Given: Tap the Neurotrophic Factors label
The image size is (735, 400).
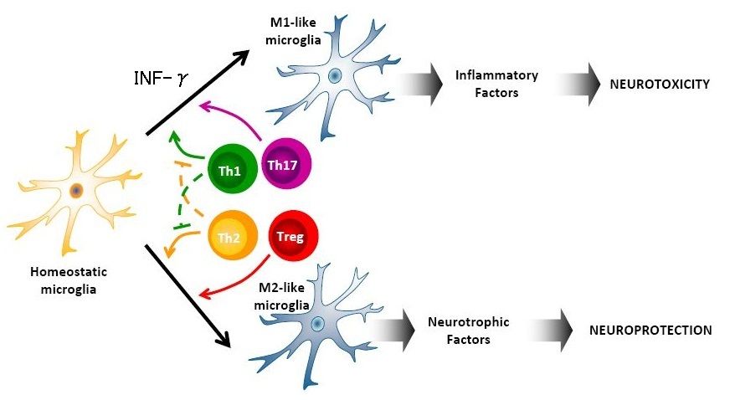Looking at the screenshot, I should pyautogui.click(x=469, y=330).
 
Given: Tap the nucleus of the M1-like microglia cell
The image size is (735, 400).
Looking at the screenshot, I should pyautogui.click(x=334, y=76).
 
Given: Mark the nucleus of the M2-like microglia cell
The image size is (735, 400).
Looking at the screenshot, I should pyautogui.click(x=317, y=324).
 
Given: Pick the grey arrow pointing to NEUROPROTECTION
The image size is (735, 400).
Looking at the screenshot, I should pyautogui.click(x=560, y=330).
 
